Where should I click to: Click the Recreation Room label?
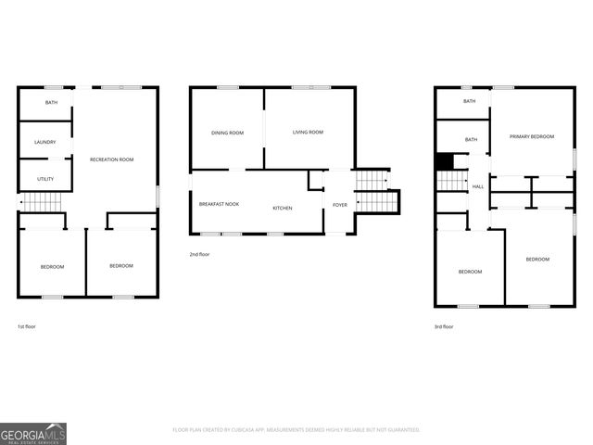[x=111, y=159]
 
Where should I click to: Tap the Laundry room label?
[x=44, y=142]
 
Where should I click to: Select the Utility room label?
[x=44, y=178]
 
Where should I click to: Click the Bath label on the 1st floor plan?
[x=46, y=102]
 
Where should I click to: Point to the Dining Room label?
[x=227, y=133]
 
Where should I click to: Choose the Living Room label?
[x=308, y=133]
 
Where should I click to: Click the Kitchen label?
[x=282, y=208]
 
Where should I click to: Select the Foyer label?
[x=340, y=204]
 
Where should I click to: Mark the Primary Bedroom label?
[x=532, y=136]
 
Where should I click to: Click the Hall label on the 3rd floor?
[x=478, y=187]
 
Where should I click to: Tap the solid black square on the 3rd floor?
[x=445, y=161]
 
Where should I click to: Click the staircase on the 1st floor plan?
[x=40, y=202]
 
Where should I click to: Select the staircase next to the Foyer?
[x=374, y=191]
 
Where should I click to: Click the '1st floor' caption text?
[x=27, y=326]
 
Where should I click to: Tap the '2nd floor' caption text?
[x=199, y=254]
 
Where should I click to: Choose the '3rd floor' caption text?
[x=445, y=326]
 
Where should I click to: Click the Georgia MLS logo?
[x=33, y=433]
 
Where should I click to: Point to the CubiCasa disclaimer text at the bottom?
[x=296, y=430]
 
